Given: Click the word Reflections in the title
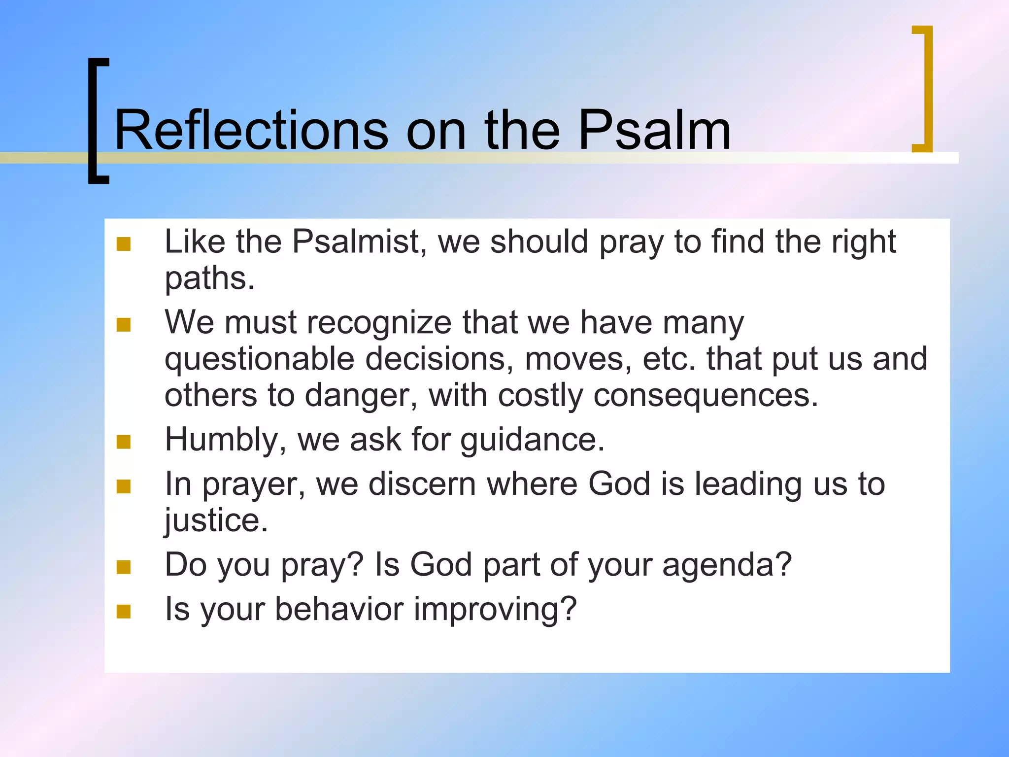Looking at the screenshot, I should [251, 131].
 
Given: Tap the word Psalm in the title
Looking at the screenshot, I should [654, 131].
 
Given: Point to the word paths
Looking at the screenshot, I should [209, 278].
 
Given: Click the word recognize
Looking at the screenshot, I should [379, 323].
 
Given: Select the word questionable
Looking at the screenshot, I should [259, 359].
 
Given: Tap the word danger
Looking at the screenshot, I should [361, 396].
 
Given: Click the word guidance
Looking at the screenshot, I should [532, 440].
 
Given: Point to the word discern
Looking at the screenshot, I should [422, 484].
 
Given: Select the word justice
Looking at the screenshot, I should [216, 520].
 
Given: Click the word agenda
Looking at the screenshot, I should [727, 565].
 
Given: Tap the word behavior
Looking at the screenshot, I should [339, 609].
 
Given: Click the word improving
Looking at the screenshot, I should [495, 609].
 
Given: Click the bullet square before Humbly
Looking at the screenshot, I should [124, 442].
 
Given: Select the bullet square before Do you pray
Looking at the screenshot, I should [124, 567].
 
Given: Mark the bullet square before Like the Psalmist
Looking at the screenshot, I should [124, 244].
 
